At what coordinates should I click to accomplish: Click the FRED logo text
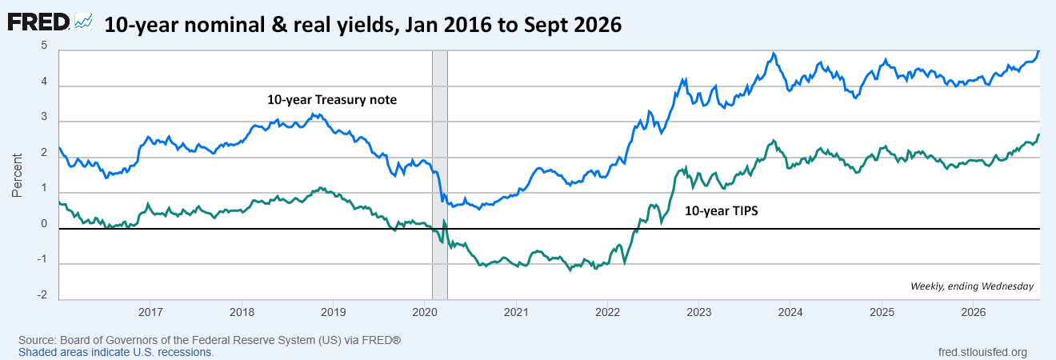[38, 22]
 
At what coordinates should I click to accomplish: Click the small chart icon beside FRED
[83, 22]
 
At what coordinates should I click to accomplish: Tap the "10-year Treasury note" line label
[332, 100]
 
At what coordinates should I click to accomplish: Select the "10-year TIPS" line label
[722, 210]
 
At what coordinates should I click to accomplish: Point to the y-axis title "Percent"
[17, 175]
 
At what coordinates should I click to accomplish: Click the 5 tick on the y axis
[44, 46]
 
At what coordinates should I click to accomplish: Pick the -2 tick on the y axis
[42, 295]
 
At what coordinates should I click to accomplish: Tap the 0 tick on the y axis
[44, 224]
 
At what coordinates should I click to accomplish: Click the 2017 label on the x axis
[150, 312]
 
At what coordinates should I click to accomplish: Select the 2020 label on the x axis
[425, 312]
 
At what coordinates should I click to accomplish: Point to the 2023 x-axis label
[699, 312]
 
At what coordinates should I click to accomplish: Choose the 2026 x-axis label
[974, 312]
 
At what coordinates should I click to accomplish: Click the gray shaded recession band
[440, 175]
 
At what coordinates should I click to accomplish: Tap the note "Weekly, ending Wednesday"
[972, 286]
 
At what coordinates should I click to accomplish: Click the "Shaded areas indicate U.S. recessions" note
[116, 353]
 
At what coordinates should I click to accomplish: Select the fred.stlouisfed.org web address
[982, 353]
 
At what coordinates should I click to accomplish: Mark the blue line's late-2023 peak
[774, 54]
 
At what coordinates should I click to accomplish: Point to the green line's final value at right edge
[1039, 134]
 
